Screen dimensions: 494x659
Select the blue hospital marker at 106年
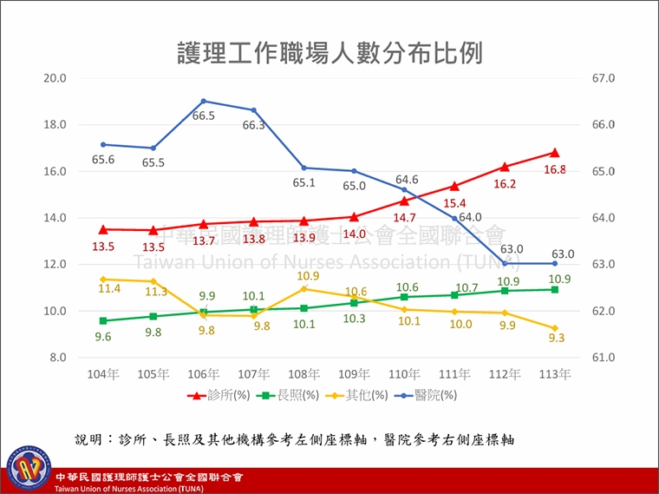pyautogui.click(x=204, y=101)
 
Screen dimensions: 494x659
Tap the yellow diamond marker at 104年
pyautogui.click(x=103, y=279)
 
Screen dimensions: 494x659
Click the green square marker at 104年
pyautogui.click(x=103, y=320)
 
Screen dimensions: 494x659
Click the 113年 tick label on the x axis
pyautogui.click(x=555, y=374)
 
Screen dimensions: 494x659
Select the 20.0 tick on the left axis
pyautogui.click(x=55, y=78)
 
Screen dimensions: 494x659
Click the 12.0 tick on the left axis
pyautogui.click(x=55, y=264)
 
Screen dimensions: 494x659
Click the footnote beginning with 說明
pyautogui.click(x=295, y=439)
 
